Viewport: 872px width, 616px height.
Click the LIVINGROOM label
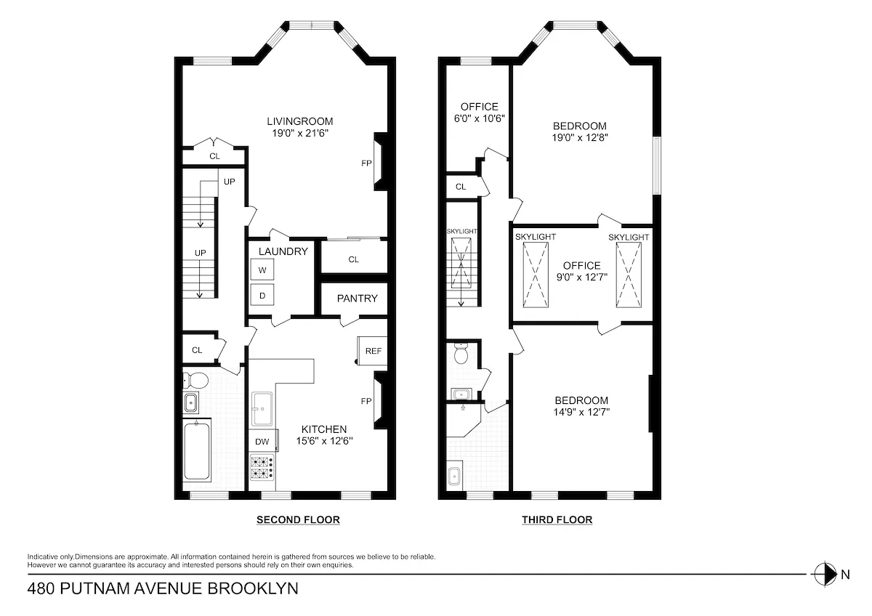[299, 121]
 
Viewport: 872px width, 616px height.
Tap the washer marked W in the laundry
[262, 270]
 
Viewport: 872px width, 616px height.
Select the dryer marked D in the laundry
[262, 296]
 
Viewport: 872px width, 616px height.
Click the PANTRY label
[357, 298]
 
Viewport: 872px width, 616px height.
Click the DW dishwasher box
[262, 441]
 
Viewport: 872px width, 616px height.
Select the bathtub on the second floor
[197, 451]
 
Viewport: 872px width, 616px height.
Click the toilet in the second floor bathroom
[195, 379]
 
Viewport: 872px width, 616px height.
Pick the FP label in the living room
[367, 163]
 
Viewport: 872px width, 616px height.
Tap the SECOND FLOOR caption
[298, 520]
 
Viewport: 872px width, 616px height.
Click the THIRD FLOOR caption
[557, 520]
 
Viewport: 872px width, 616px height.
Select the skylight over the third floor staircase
[462, 267]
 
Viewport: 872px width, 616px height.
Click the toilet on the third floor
[461, 355]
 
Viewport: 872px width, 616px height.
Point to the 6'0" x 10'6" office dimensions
[479, 118]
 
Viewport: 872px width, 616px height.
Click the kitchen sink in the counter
[262, 408]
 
